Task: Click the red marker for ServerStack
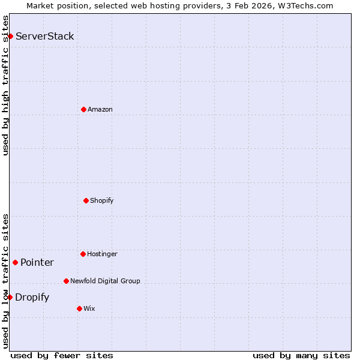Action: (10, 37)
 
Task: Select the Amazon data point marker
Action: (83, 109)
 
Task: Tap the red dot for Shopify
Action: (86, 200)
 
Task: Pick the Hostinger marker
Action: (83, 254)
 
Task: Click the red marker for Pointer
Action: (15, 262)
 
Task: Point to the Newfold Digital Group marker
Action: (66, 281)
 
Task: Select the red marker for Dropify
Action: (10, 297)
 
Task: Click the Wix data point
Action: (79, 308)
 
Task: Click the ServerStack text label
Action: (45, 36)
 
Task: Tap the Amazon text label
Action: (100, 109)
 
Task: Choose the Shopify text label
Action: (102, 200)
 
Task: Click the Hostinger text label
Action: (102, 254)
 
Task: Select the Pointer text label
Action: (37, 262)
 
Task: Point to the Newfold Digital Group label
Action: (105, 281)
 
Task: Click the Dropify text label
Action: (32, 297)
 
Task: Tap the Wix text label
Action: (89, 308)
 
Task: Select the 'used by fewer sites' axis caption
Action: (62, 355)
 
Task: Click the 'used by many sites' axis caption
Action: (301, 355)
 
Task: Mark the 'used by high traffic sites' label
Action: (5, 85)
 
